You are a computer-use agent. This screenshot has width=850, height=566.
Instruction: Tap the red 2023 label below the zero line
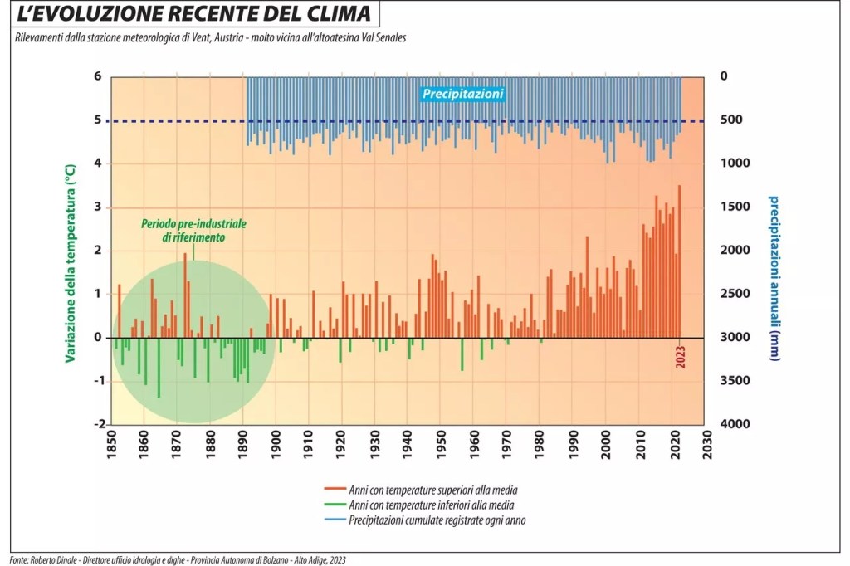(x=681, y=355)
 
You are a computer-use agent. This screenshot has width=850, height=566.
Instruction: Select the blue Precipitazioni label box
(x=463, y=95)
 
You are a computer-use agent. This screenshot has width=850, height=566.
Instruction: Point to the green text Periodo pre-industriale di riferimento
(x=193, y=231)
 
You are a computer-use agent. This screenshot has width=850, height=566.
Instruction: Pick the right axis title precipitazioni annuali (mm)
(x=773, y=278)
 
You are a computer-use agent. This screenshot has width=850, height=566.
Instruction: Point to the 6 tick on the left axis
(x=97, y=76)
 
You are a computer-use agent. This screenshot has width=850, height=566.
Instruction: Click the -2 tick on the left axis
(x=97, y=424)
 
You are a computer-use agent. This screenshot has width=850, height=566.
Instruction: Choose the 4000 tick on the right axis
(x=735, y=424)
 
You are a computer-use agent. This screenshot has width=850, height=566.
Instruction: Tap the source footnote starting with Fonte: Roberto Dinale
(x=178, y=559)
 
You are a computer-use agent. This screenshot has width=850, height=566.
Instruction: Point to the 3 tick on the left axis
(x=97, y=207)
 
